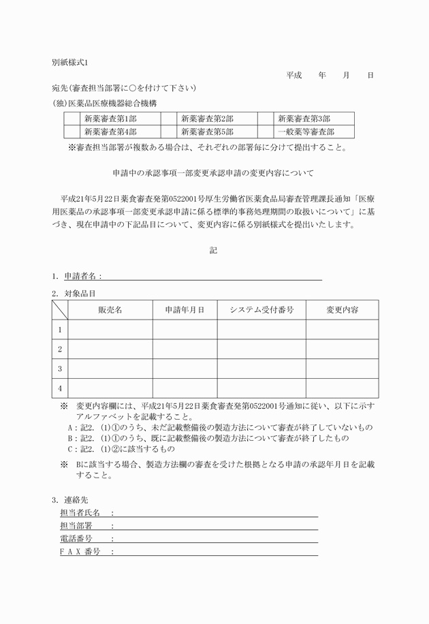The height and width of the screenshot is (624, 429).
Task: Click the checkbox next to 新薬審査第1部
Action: click(x=72, y=119)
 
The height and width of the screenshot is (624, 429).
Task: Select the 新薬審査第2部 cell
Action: click(x=208, y=119)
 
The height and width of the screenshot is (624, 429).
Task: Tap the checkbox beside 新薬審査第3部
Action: click(x=266, y=119)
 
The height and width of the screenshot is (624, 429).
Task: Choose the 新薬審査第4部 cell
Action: click(x=110, y=132)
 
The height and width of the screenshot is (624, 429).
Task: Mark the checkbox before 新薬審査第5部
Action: click(x=169, y=132)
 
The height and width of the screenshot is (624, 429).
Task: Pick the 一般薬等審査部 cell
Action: click(x=306, y=132)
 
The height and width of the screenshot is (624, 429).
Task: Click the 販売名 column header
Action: click(x=110, y=310)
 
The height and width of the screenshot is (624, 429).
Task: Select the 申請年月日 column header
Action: click(x=185, y=310)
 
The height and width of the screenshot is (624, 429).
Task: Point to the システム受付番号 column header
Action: click(x=261, y=310)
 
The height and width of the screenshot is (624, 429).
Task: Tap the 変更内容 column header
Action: click(x=342, y=310)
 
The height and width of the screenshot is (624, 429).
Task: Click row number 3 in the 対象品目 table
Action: click(x=60, y=369)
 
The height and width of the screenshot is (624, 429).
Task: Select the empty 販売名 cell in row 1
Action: click(x=110, y=330)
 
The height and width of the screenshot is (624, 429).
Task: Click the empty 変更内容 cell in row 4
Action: click(x=342, y=388)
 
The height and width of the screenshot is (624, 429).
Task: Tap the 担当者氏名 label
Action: click(x=80, y=512)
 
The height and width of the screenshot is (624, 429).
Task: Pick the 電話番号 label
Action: click(x=76, y=539)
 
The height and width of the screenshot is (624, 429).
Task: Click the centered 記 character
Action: click(x=214, y=251)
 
